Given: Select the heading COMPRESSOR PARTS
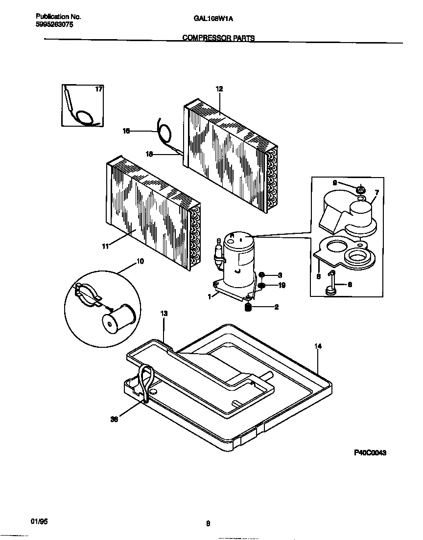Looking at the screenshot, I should (218, 38).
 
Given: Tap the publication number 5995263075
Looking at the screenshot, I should (55, 24).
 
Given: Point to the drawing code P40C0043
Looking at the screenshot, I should (370, 453).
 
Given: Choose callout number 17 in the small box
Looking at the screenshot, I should (98, 89).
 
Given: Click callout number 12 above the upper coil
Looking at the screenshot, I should (219, 89).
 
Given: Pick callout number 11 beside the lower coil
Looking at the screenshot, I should (105, 246).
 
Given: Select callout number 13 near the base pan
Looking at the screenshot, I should (164, 314).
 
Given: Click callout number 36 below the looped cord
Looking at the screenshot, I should (114, 419).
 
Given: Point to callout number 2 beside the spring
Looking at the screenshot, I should (277, 307).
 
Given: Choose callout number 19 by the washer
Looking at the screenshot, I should (282, 285).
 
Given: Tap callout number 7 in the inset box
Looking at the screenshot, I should (376, 193).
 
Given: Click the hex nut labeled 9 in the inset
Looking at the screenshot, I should (360, 189).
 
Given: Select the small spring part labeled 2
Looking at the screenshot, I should (248, 307).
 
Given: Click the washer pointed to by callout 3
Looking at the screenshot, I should (262, 275).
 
